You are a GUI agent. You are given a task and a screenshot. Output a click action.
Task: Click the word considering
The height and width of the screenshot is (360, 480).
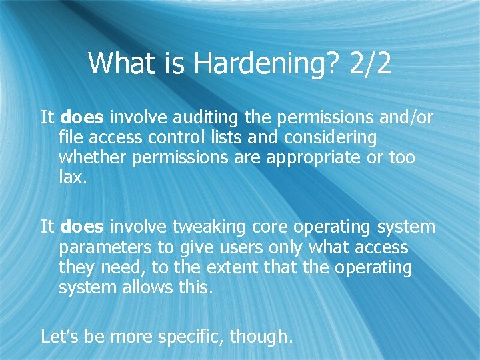329,138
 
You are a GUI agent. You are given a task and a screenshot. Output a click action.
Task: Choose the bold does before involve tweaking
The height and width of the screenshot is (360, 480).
82,227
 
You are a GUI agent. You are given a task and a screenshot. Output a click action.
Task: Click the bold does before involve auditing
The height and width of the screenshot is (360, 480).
82,118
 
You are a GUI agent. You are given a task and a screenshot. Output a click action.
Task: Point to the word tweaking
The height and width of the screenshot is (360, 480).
209,227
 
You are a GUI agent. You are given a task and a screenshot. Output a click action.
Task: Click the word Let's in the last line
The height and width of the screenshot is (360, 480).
60,337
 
